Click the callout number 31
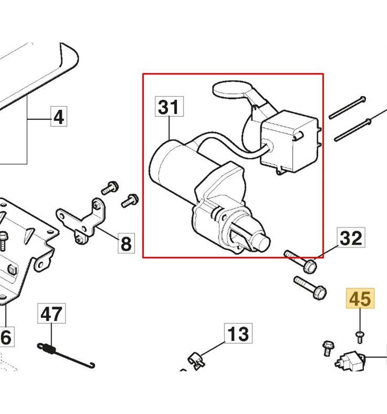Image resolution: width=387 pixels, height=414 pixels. point(168,107)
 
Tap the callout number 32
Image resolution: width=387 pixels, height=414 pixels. point(351,237)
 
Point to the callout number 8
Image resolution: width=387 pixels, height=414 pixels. point(125,244)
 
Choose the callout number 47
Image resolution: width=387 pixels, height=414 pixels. point(52,315)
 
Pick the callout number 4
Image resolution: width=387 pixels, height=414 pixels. point(59,116)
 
